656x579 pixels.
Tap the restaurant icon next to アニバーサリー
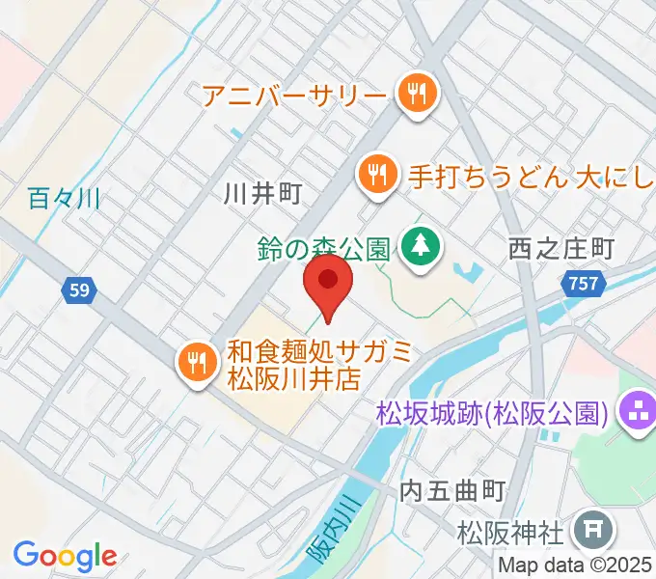point(418,94)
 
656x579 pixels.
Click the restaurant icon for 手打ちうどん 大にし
point(376,176)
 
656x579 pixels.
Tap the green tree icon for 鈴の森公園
point(421,247)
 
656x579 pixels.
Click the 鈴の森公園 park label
point(322,248)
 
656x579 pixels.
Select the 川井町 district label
point(262,194)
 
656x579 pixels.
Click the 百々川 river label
point(65,200)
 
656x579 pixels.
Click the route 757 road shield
point(582,284)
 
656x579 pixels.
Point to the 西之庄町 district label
point(560,249)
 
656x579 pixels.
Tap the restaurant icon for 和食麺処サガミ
point(198,362)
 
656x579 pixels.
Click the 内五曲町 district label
point(451,489)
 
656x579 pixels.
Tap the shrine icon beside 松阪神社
point(587,530)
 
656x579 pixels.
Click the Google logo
point(65,556)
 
